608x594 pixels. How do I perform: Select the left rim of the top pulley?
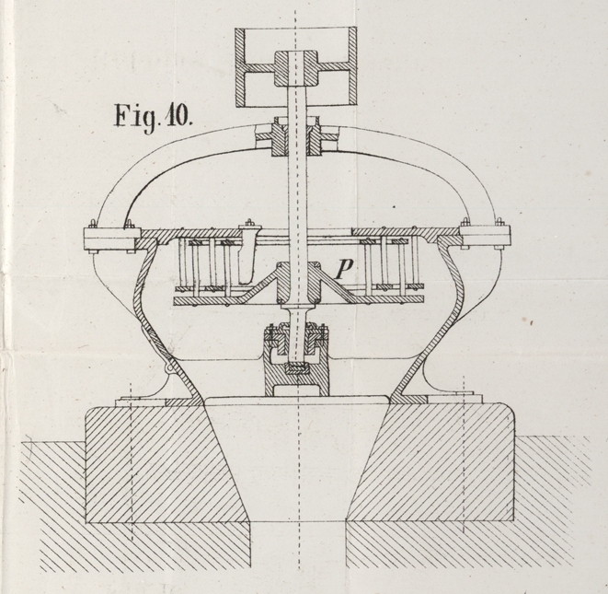[240, 67]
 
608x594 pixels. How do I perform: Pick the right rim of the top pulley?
[350, 67]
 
